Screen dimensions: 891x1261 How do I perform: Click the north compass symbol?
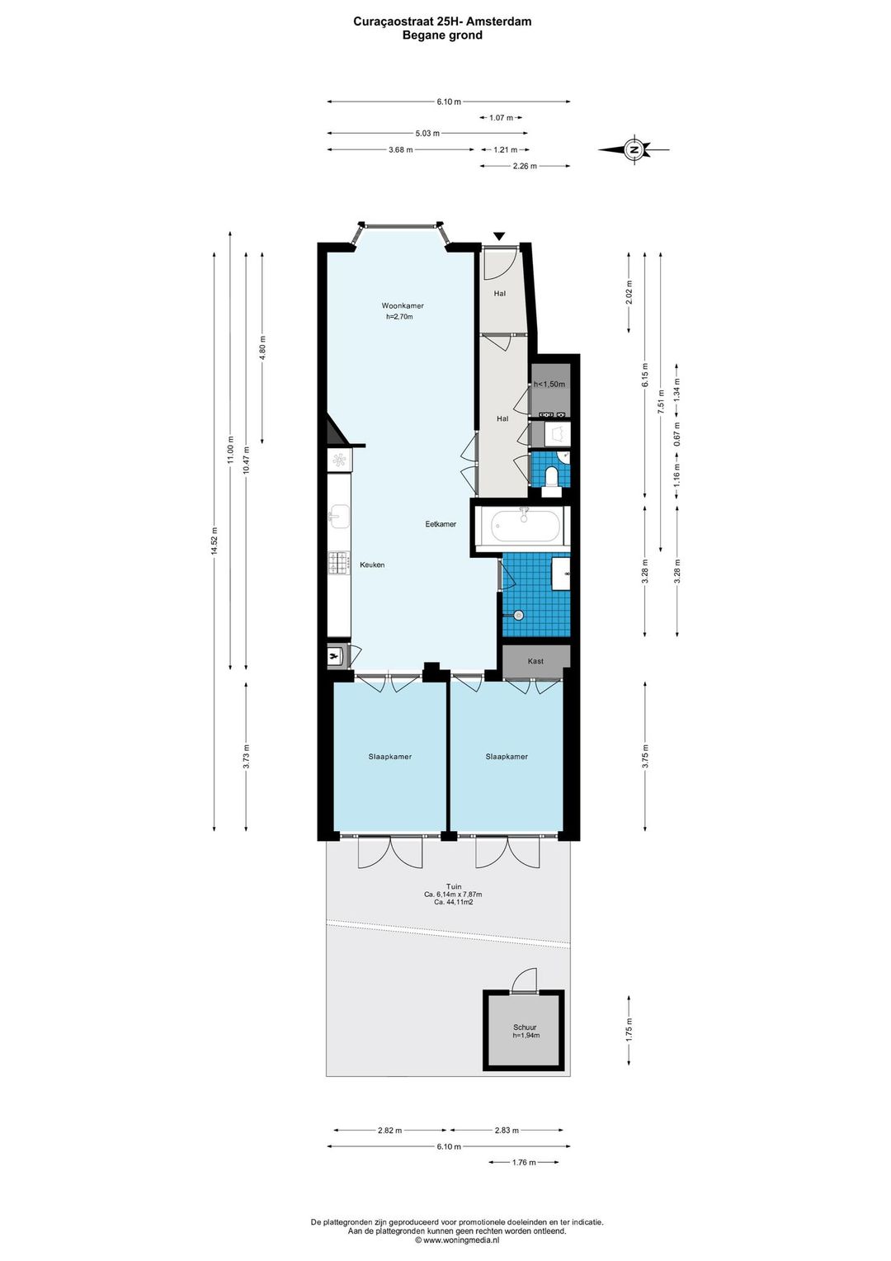click(x=634, y=149)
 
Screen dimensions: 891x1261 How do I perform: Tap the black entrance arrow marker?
click(x=498, y=236)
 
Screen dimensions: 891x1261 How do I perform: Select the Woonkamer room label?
click(x=403, y=305)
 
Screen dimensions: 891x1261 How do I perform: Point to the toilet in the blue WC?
click(x=552, y=476)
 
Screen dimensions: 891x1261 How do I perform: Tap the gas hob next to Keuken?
click(x=339, y=563)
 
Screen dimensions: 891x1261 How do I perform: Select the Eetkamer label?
click(x=441, y=524)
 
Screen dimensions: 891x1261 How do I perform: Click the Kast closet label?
click(x=535, y=661)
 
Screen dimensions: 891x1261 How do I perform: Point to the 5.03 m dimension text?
click(x=427, y=134)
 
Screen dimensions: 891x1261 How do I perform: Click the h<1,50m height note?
click(x=549, y=384)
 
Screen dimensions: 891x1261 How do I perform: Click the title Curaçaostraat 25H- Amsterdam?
click(x=442, y=21)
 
